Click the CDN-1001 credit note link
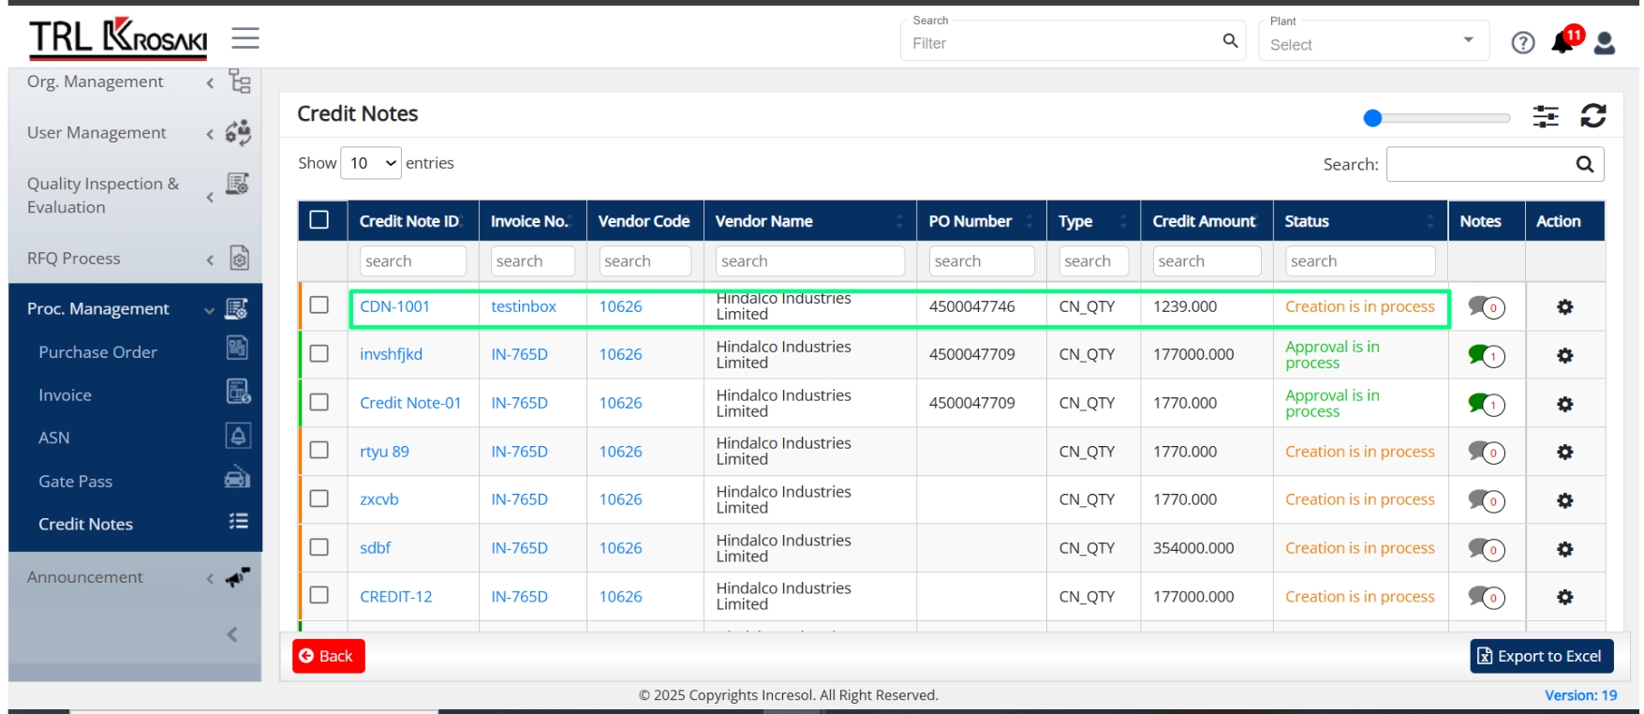(394, 306)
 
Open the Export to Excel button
(1541, 656)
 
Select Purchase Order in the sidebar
(97, 352)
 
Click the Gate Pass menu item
(75, 482)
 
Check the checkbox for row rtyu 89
(319, 450)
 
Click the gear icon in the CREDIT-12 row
(1564, 597)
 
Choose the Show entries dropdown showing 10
(371, 163)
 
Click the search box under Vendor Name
(810, 261)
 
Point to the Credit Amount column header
(1204, 221)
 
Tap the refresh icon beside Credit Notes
(1592, 115)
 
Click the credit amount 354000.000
(1193, 548)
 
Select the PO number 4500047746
(971, 306)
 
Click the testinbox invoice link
(524, 306)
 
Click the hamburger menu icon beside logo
(245, 38)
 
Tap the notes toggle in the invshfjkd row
(1486, 355)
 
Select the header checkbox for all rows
(319, 219)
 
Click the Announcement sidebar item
(85, 577)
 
